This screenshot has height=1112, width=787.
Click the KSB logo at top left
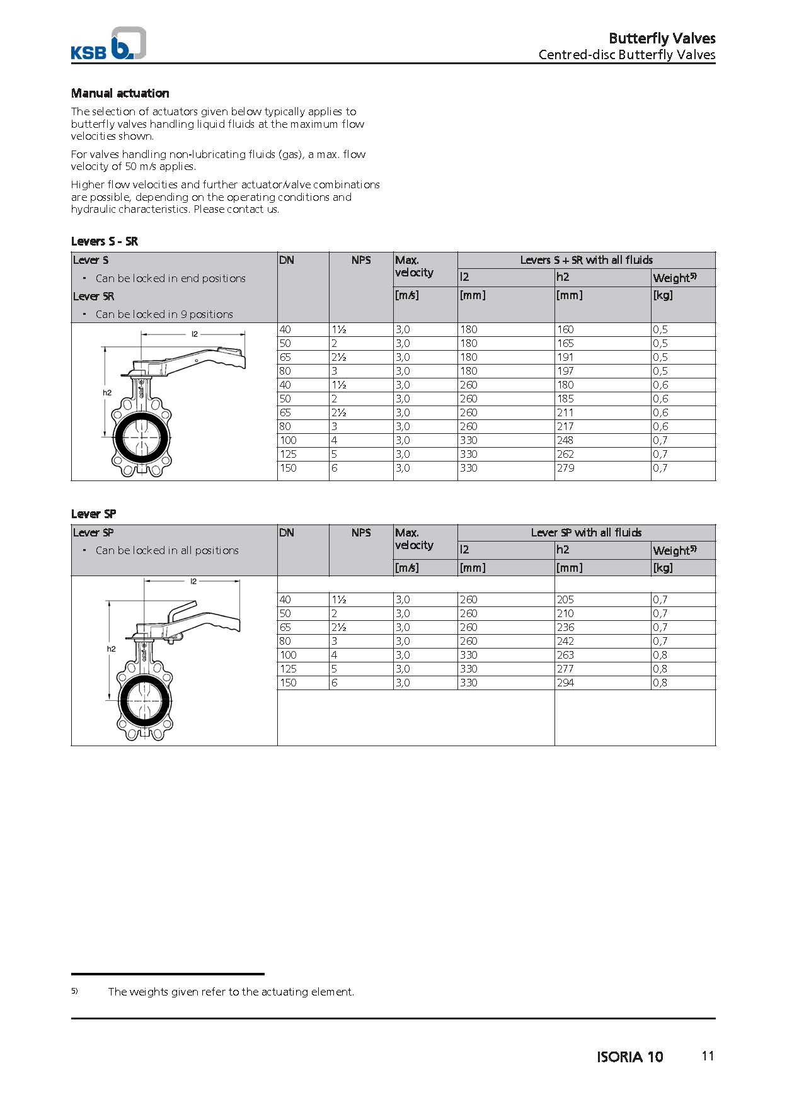tap(108, 44)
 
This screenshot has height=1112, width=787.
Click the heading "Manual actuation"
tap(120, 93)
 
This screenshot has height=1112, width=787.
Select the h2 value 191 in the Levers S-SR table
tap(565, 357)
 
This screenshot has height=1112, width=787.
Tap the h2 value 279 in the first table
tap(565, 468)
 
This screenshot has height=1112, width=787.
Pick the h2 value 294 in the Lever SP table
tap(565, 683)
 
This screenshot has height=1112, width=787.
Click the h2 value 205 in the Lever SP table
tap(565, 599)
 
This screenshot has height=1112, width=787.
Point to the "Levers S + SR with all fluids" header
tap(586, 260)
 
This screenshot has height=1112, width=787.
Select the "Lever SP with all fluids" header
tap(586, 533)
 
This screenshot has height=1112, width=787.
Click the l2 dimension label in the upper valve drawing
tap(195, 334)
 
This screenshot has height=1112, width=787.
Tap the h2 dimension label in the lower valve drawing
tap(111, 649)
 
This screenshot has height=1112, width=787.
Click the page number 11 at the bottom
tap(708, 1056)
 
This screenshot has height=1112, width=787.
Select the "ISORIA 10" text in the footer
tap(629, 1057)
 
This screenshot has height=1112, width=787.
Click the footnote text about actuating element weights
tap(231, 992)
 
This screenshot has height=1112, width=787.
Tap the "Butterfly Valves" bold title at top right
tap(662, 38)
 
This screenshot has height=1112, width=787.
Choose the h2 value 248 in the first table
tap(565, 440)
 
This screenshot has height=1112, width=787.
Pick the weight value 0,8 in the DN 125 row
tap(660, 669)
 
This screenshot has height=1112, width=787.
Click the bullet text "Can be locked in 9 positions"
tap(164, 314)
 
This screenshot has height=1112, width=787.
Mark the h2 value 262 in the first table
tap(565, 454)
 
